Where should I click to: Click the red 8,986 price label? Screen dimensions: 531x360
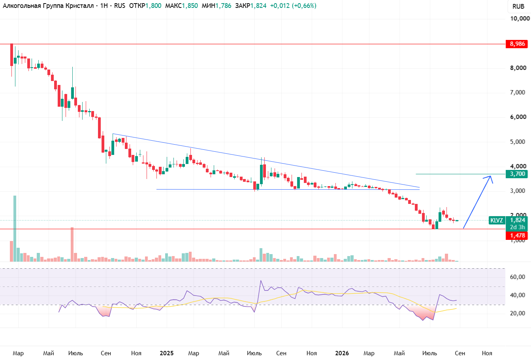pos(517,44)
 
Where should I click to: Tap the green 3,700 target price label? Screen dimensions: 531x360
pos(517,174)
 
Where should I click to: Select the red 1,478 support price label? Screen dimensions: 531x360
pos(517,236)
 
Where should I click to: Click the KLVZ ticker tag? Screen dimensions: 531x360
pos(496,221)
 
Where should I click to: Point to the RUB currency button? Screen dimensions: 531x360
pos(518,6)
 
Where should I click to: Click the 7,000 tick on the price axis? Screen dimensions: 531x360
pos(518,92)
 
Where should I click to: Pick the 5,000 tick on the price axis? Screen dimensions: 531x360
pos(518,142)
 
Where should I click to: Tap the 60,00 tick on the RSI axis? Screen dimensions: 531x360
pos(517,277)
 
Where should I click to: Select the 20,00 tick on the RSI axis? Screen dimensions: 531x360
pos(517,313)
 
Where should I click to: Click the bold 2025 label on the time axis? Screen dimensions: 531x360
pos(167,353)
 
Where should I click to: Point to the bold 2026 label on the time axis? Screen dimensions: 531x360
pos(342,353)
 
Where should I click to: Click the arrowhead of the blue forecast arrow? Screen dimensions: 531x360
pos(490,176)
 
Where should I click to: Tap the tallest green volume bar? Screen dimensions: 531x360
pos(15,228)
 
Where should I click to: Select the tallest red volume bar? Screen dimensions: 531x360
pos(72,244)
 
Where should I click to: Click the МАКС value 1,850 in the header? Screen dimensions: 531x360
pos(190,6)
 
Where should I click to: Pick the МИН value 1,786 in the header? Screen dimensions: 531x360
pos(223,6)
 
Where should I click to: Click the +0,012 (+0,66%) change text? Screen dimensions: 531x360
pos(293,6)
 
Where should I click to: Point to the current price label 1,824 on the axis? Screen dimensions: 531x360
pos(518,220)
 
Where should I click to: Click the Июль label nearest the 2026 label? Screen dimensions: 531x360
pos(429,353)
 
